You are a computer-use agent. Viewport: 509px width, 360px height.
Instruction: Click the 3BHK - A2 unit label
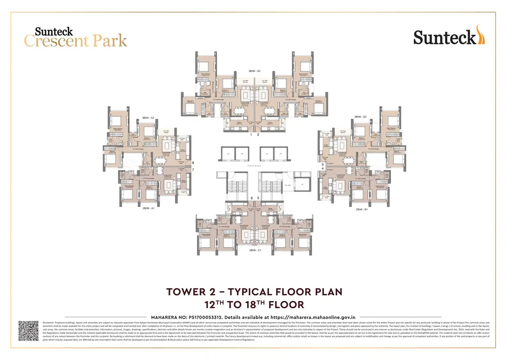pyautogui.click(x=254, y=71)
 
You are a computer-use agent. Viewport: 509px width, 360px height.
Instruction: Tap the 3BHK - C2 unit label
pyautogui.click(x=148, y=118)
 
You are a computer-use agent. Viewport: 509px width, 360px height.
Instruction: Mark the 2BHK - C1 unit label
pyautogui.click(x=254, y=251)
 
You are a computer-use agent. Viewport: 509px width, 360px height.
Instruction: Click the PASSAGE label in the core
pyautogui.click(x=254, y=166)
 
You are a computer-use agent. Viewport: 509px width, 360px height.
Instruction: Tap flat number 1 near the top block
pyautogui.click(x=251, y=135)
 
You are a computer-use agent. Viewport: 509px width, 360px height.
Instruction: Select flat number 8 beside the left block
pyautogui.click(x=193, y=163)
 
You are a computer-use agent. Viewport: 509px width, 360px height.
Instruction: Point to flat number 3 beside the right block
pyautogui.click(x=322, y=164)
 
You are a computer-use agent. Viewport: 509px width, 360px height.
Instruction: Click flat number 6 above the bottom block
pyautogui.click(x=251, y=198)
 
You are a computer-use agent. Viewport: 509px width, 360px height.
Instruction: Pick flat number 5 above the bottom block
pyautogui.click(x=258, y=198)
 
